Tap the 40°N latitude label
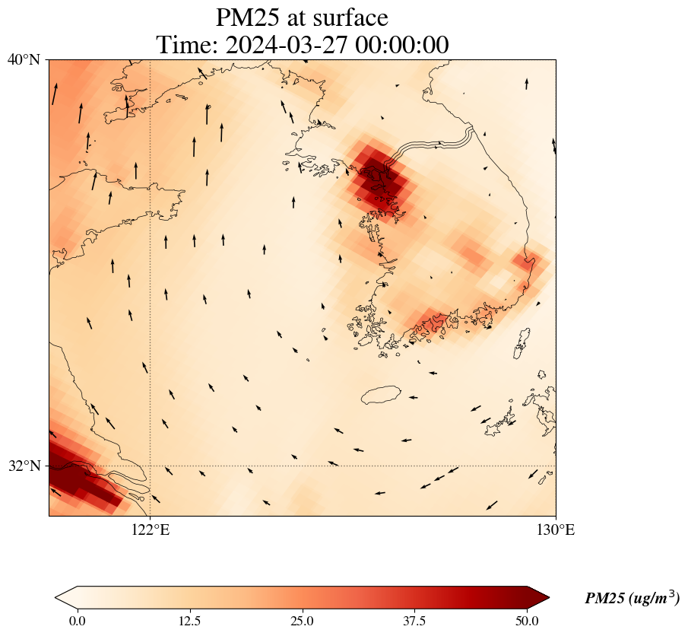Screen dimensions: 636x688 click(24, 59)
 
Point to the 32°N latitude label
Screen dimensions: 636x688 click(24, 466)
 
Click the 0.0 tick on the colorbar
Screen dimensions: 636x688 click(77, 621)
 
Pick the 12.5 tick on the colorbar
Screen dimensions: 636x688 click(189, 621)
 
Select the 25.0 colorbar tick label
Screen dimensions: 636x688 click(302, 621)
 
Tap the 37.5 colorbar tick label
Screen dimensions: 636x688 click(414, 621)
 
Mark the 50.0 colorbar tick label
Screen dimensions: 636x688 click(527, 621)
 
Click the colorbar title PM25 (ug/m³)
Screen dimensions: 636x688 click(632, 599)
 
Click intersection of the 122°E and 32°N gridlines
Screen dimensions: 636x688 click(150, 466)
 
